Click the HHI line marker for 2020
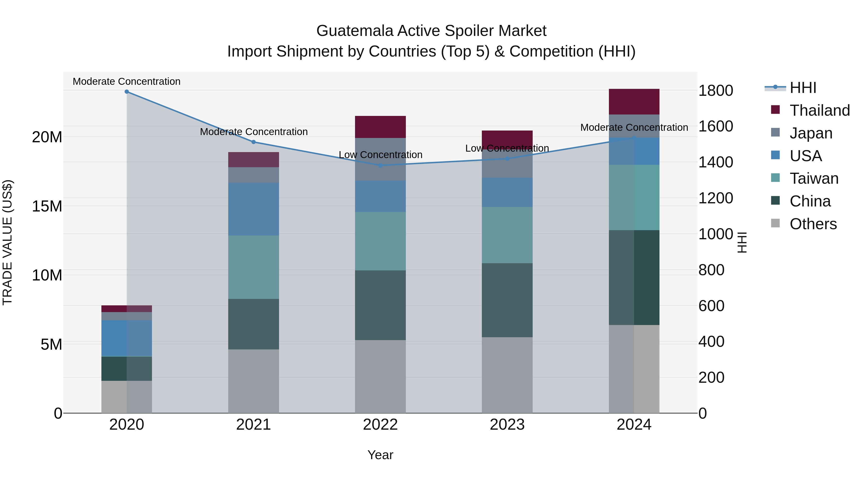click(x=127, y=92)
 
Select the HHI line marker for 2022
click(x=380, y=165)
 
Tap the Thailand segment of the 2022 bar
click(x=380, y=127)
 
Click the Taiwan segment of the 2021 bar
click(x=254, y=267)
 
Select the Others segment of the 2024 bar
click(x=634, y=369)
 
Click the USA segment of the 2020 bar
click(x=127, y=338)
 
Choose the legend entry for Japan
click(x=811, y=133)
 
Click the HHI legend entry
click(x=803, y=88)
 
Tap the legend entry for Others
click(x=813, y=224)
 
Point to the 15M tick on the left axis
click(x=47, y=206)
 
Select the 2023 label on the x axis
click(x=507, y=425)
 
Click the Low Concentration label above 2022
click(x=380, y=155)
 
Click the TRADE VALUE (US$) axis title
click(x=7, y=242)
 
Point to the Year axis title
click(x=380, y=455)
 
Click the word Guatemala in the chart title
click(x=355, y=31)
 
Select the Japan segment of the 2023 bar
click(x=507, y=163)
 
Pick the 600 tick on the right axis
click(x=711, y=306)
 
